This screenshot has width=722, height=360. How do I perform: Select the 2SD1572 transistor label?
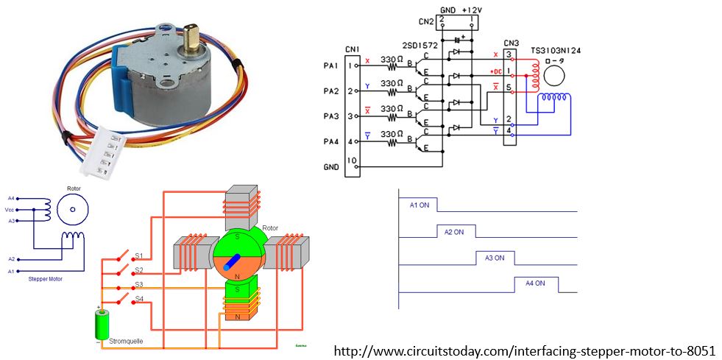pos(420,46)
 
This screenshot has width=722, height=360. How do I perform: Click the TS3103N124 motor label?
pos(556,52)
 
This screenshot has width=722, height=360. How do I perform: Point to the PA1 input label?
pos(330,66)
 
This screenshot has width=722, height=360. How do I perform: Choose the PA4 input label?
pos(330,141)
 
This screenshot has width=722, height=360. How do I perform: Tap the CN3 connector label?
pos(509,43)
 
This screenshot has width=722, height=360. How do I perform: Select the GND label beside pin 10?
pos(331,167)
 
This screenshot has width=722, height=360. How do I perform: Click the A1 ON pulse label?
pos(420,205)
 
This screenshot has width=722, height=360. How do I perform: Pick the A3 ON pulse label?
pos(495,258)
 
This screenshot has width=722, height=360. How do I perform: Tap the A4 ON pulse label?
pos(535,283)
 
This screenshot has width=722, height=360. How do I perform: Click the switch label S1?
pos(138,256)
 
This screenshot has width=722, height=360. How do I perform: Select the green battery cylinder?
pos(101,325)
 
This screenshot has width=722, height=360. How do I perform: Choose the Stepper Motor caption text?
pos(43,280)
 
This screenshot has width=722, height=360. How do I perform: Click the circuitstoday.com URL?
pos(525,350)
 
